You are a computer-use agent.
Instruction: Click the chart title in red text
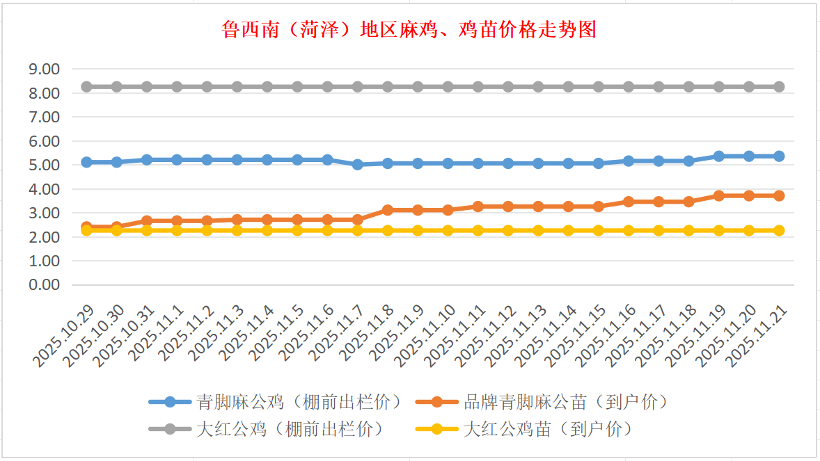(x=409, y=30)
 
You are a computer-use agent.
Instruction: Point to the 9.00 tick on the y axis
(x=44, y=69)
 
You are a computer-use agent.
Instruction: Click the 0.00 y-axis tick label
(x=44, y=285)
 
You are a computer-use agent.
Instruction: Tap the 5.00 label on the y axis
(x=44, y=165)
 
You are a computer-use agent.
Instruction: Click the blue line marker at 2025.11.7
(x=358, y=165)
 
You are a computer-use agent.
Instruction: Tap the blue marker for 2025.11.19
(x=719, y=156)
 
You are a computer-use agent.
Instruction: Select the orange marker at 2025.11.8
(x=388, y=210)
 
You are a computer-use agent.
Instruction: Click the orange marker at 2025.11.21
(x=779, y=196)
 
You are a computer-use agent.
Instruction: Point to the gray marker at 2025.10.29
(x=87, y=87)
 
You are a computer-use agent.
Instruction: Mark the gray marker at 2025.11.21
(x=779, y=87)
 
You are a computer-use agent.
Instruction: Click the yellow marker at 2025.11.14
(x=569, y=230)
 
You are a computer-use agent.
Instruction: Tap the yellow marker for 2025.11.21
(x=779, y=230)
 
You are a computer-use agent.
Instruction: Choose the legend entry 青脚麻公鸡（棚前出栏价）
(x=278, y=402)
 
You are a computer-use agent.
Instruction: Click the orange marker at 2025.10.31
(x=147, y=221)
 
